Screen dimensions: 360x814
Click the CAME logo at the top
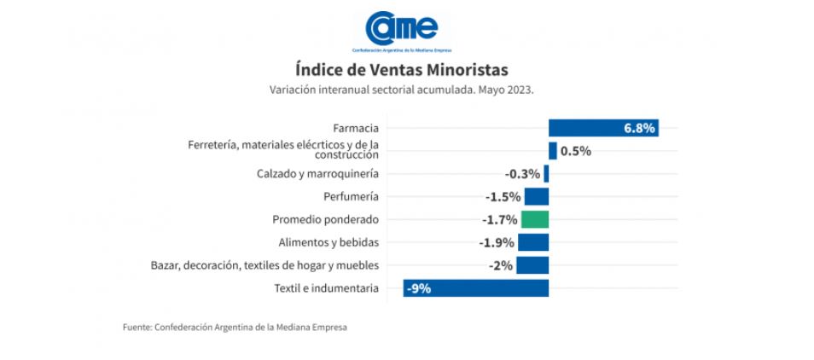click(x=401, y=31)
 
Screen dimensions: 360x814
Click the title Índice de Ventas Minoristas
click(x=401, y=69)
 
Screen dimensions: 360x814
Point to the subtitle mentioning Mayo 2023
click(x=401, y=89)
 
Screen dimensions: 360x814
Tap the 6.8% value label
click(x=639, y=128)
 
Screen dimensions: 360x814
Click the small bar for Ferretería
click(x=553, y=151)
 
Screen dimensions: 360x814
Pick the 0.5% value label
click(x=576, y=151)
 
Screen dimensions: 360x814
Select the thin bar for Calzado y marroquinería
click(x=546, y=174)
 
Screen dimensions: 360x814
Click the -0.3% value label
click(x=522, y=174)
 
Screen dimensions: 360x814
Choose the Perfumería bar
click(x=536, y=197)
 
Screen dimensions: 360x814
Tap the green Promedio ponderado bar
click(x=534, y=219)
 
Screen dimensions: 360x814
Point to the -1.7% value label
click(x=499, y=219)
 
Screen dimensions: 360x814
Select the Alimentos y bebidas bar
click(x=532, y=242)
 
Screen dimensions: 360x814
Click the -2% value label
click(x=501, y=265)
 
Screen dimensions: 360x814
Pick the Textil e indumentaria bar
click(x=475, y=288)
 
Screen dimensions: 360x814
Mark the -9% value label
click(x=418, y=288)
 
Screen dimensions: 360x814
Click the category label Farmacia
click(x=356, y=128)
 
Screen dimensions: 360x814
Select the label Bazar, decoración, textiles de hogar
click(x=264, y=265)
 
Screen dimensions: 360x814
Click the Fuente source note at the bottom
click(x=235, y=327)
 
